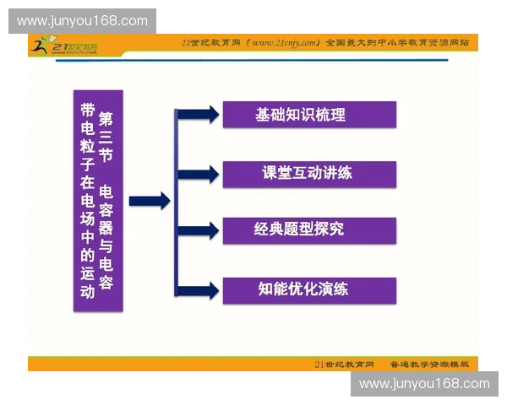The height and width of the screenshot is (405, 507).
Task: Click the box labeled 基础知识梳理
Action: [308, 115]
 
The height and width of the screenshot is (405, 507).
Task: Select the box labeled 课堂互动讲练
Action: [308, 174]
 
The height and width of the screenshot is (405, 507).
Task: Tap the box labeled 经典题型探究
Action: [308, 230]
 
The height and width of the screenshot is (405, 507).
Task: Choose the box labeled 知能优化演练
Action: [308, 290]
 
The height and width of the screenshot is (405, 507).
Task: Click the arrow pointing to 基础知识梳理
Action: [199, 115]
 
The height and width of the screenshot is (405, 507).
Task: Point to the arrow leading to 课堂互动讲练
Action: [199, 174]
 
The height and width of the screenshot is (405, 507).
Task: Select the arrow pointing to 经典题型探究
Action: [199, 230]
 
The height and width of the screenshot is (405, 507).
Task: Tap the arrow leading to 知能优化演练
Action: [199, 290]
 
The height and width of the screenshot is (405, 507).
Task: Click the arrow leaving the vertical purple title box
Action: [149, 201]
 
